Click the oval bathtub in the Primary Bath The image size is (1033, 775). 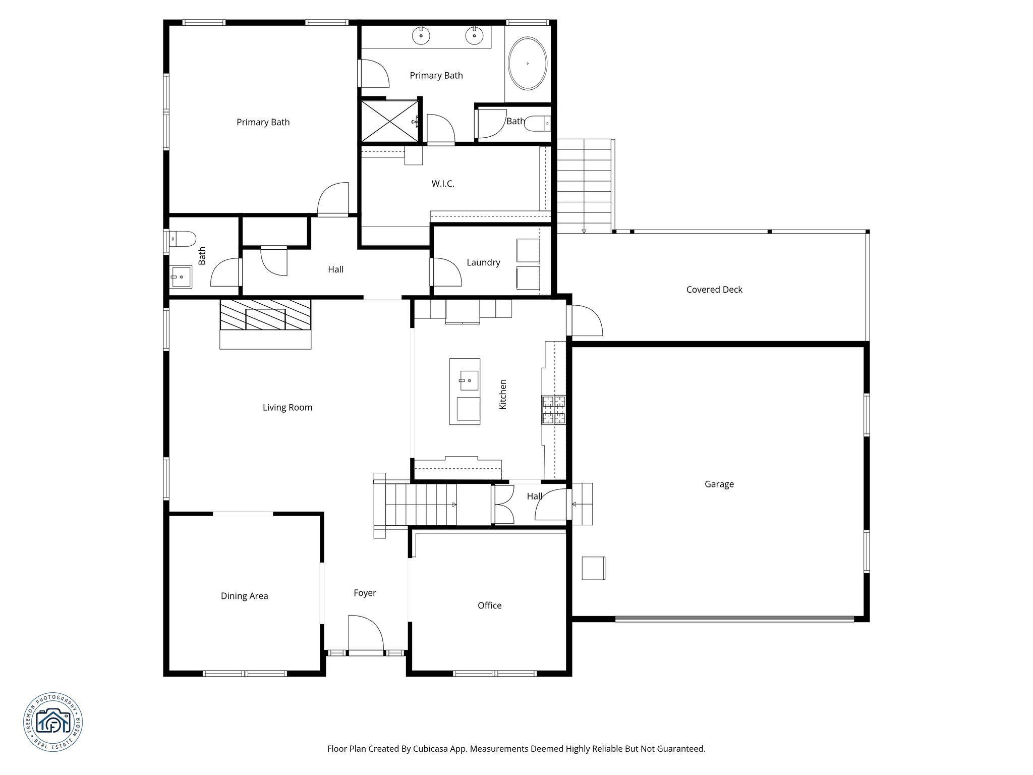pos(527,64)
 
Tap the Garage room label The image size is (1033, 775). pos(719,484)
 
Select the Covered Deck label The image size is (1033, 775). pos(714,290)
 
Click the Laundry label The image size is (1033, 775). pos(483,262)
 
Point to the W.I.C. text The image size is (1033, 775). pos(443,184)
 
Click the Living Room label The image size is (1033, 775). pos(287,408)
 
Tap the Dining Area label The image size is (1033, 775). pos(244,596)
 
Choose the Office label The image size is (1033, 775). pos(489,605)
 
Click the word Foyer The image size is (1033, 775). pos(365,593)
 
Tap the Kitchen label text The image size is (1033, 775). pos(502,394)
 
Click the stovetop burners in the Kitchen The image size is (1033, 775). pos(554,410)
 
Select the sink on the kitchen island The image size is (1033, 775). pos(469,380)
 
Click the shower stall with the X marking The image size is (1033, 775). pos(389,121)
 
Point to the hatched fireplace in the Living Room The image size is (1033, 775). pos(265,315)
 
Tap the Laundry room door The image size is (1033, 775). pos(446,272)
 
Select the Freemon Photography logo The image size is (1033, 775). pos(53,722)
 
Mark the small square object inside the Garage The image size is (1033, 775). pos(593,568)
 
